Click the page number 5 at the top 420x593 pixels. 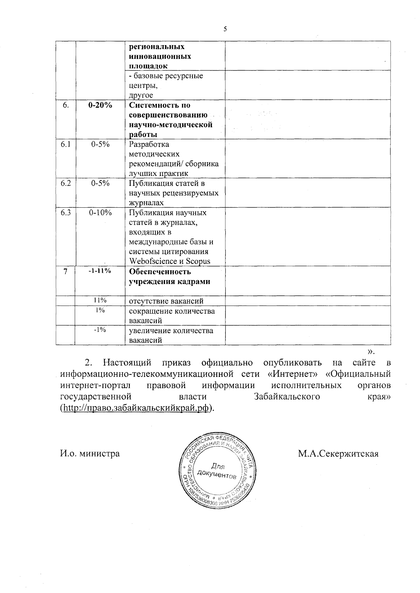click(x=225, y=29)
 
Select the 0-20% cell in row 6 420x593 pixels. click(x=100, y=105)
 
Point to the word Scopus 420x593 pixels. click(x=198, y=261)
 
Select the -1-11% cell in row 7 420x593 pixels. click(x=100, y=271)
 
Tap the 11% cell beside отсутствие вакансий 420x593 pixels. click(x=100, y=300)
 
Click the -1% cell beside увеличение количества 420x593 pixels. click(x=100, y=329)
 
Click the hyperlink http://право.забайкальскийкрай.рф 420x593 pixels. click(x=136, y=408)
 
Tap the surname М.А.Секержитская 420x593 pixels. click(x=338, y=454)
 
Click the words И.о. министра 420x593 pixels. click(x=90, y=454)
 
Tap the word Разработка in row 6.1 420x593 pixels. click(x=149, y=144)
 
